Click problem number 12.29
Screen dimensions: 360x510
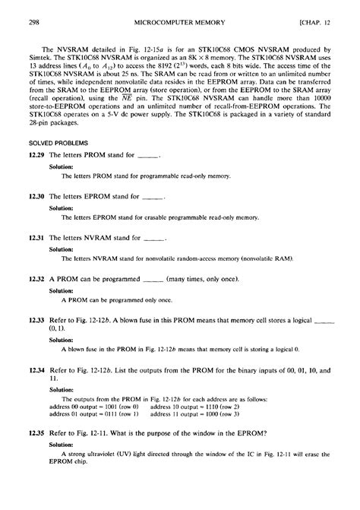click(36, 155)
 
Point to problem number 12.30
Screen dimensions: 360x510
click(36, 196)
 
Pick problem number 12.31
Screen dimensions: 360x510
click(36, 237)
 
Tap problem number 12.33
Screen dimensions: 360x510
click(36, 320)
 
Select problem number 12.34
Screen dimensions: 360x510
click(36, 370)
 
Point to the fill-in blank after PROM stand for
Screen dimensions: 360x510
click(149, 157)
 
